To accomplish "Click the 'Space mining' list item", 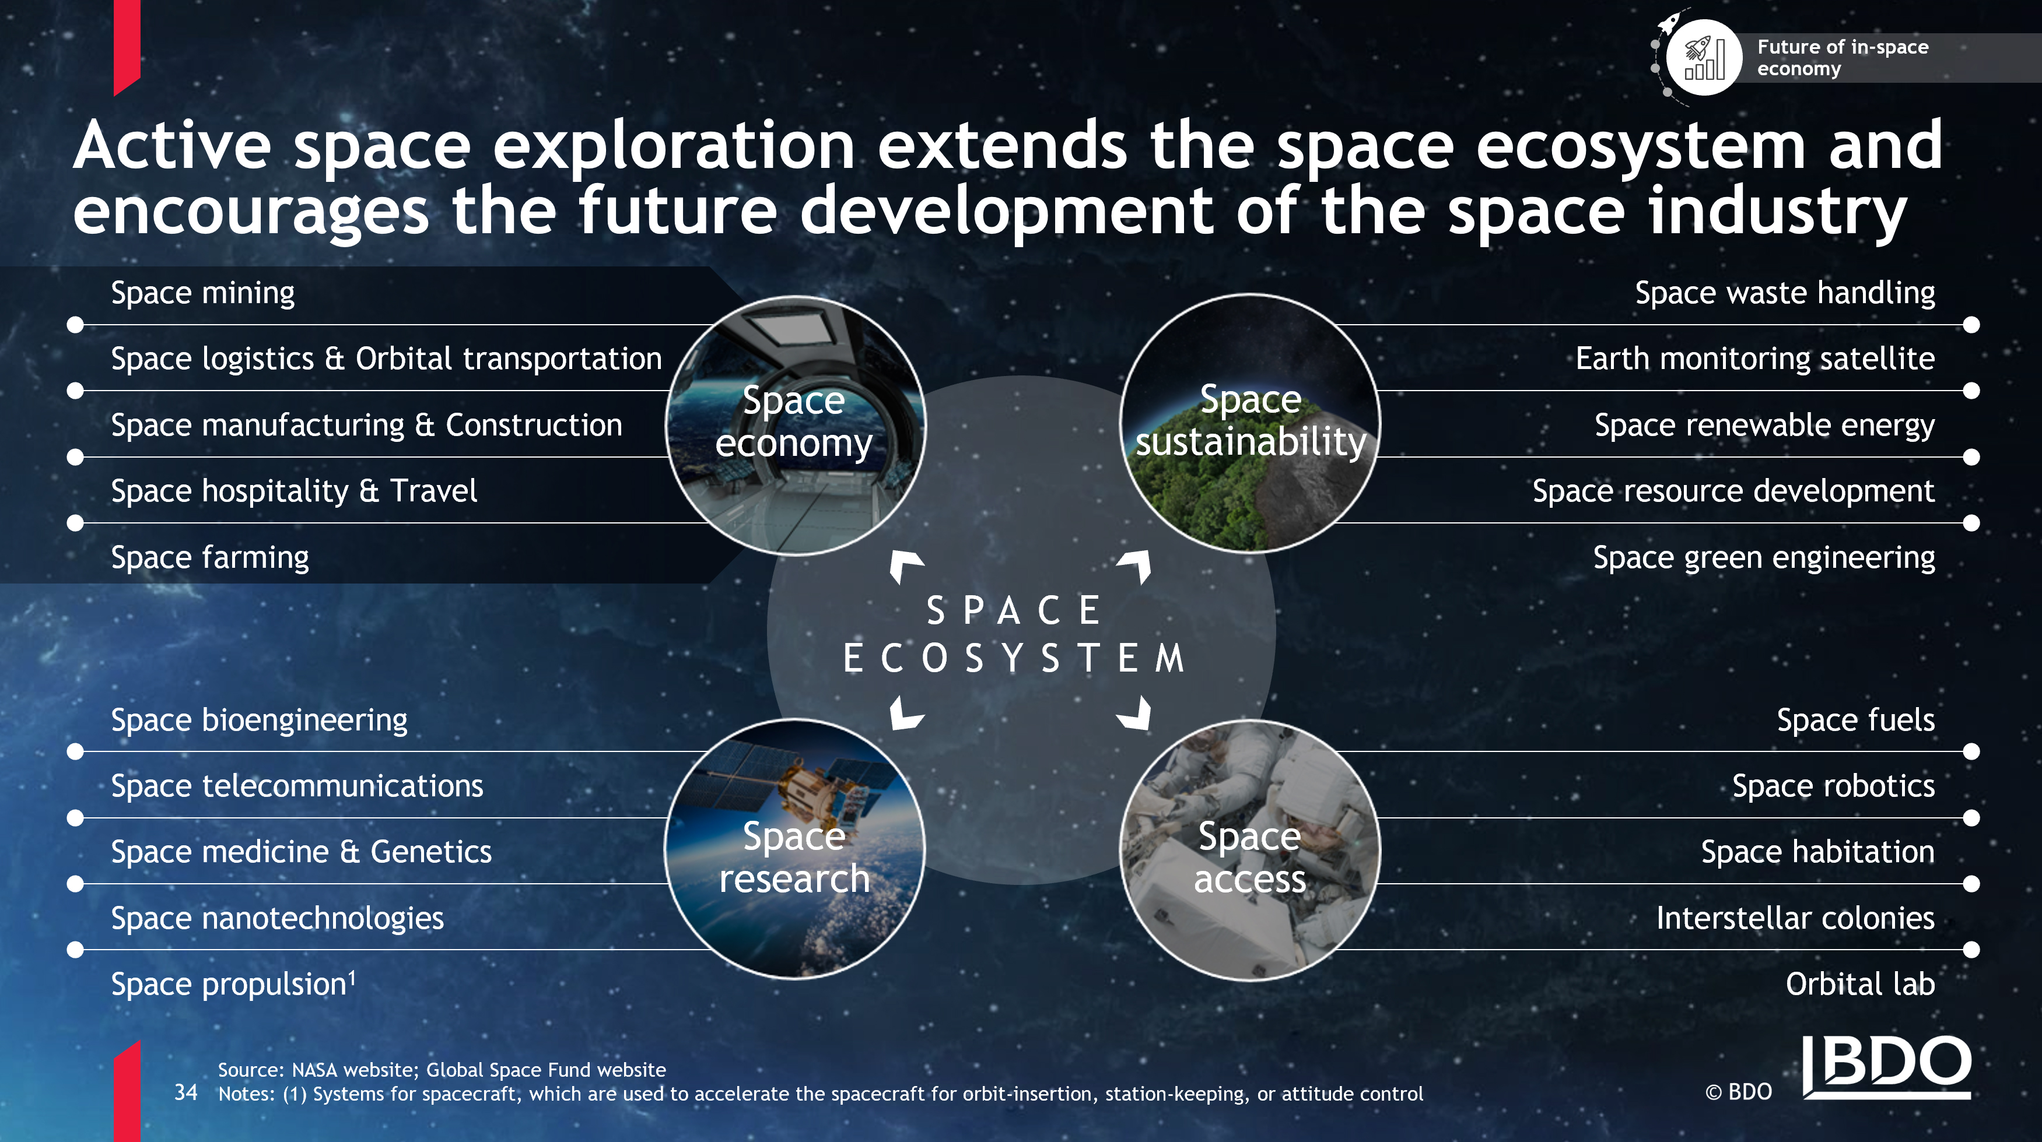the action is (x=203, y=293).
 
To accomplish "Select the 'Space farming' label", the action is (x=210, y=558).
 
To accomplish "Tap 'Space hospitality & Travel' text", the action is (x=294, y=491).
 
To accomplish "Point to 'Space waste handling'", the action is (x=1785, y=293).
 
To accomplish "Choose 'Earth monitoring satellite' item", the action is (x=1755, y=359).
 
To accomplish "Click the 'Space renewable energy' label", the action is (x=1764, y=426).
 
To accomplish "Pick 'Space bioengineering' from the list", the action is (x=259, y=721).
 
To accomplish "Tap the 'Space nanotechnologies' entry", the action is (x=278, y=919).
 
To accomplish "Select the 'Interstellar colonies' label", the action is (x=1795, y=919).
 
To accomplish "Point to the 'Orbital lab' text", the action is (x=1861, y=984).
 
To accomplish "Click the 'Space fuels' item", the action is (x=1856, y=721).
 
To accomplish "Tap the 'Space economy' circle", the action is (x=795, y=426).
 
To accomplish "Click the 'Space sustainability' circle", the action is (x=1250, y=423).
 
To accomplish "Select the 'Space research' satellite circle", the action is (x=795, y=849).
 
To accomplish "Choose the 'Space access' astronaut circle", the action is (x=1250, y=851).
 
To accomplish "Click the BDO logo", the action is (x=1887, y=1067).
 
